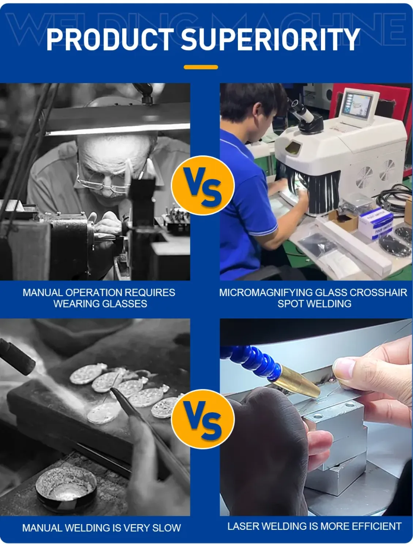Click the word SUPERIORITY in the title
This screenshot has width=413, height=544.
[x=270, y=39]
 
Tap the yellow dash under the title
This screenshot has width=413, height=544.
[x=201, y=67]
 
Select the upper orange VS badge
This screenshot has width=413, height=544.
[x=203, y=185]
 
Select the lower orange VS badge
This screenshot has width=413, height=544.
[x=203, y=419]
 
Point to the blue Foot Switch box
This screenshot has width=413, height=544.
[x=375, y=224]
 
